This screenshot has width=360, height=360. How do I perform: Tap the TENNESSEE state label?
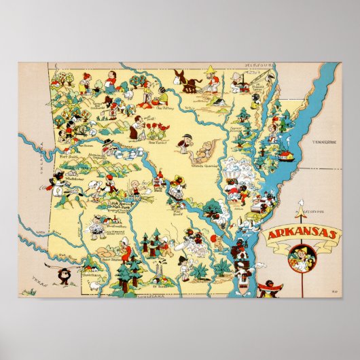[x=325, y=143]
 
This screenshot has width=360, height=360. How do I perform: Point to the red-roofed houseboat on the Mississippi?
[x=289, y=154]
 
